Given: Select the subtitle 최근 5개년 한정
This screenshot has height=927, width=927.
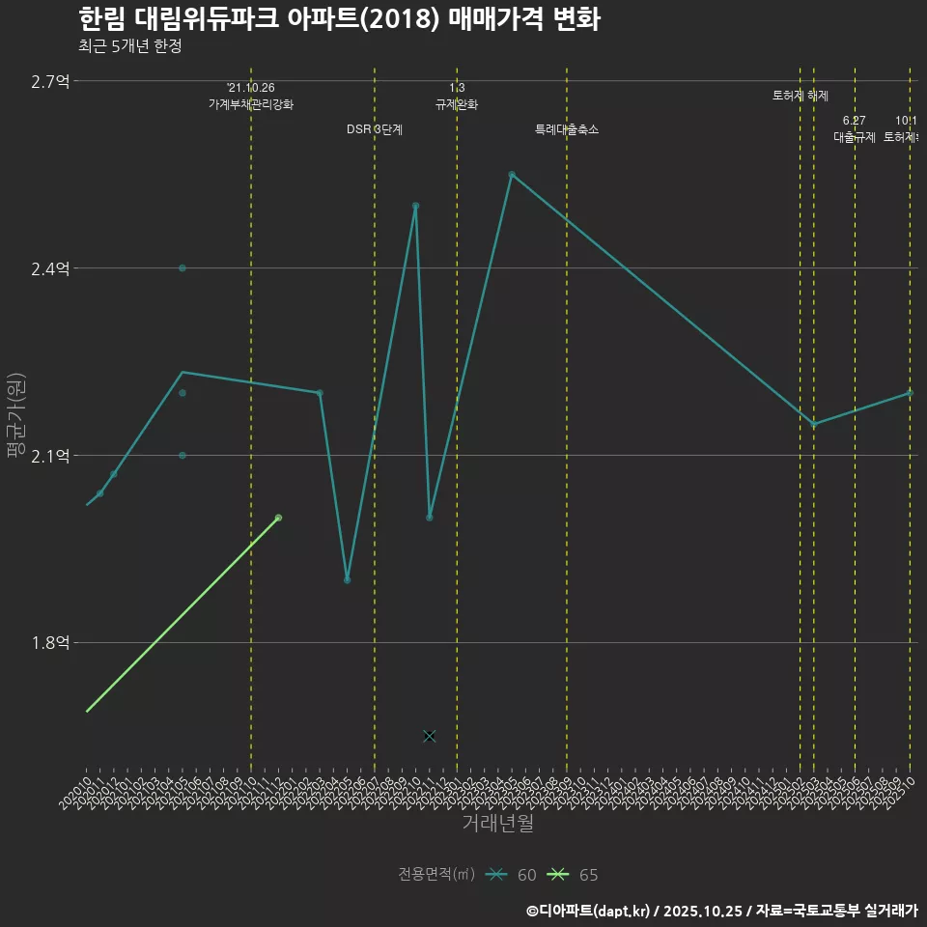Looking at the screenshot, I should [x=130, y=46].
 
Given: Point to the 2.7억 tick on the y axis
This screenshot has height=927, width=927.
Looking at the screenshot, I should [x=50, y=81].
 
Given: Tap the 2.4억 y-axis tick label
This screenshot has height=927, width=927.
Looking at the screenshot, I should [x=50, y=268].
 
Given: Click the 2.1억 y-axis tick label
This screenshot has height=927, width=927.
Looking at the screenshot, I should [x=50, y=456].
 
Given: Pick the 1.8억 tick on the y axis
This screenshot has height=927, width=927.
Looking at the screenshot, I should [x=50, y=643].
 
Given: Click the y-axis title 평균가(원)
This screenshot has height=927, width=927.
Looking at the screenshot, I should [x=16, y=416].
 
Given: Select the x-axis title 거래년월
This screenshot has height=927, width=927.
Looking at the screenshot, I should [x=497, y=824].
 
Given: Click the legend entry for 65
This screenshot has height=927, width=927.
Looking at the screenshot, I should [x=574, y=875].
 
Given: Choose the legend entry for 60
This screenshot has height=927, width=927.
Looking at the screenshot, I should [x=512, y=875].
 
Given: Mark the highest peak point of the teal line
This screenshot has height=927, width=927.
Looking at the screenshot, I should [x=512, y=175].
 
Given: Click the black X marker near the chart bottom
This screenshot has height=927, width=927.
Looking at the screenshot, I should [x=430, y=736].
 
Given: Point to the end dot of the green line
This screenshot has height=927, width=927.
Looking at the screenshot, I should [x=278, y=518].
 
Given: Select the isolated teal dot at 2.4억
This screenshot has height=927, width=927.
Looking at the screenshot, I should [x=183, y=267].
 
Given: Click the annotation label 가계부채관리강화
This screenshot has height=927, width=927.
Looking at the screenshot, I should [x=251, y=104].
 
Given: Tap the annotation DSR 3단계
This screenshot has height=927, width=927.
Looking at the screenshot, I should [x=375, y=129].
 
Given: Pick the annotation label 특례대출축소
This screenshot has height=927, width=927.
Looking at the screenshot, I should [x=567, y=129].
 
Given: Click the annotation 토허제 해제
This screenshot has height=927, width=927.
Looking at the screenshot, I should [x=801, y=96].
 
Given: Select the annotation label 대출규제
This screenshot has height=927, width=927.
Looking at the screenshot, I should [x=855, y=137].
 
